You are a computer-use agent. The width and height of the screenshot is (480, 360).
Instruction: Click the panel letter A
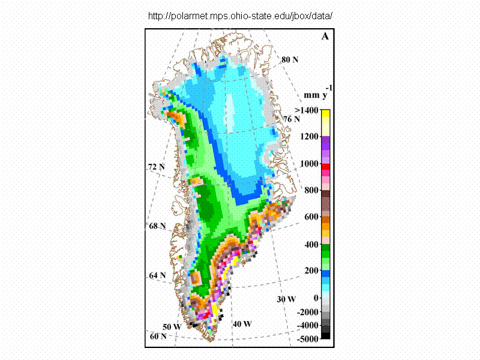coord(325,37)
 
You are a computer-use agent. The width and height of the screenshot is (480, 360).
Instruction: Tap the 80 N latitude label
coord(290,60)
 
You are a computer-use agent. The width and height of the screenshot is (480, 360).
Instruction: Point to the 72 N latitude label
coord(156,167)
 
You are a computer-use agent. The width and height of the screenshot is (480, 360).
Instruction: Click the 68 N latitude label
coord(157,226)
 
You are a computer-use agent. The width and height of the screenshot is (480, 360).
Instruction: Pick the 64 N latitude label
coord(157,275)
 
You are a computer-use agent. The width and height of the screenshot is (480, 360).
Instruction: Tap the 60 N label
coord(158,337)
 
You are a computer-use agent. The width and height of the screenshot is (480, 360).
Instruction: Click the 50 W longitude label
coord(172,327)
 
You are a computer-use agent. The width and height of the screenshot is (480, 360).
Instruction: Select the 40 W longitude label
coord(242,324)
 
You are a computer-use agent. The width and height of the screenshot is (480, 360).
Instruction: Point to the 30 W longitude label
coord(286,299)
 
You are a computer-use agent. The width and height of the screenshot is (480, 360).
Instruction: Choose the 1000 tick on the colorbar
coord(308,164)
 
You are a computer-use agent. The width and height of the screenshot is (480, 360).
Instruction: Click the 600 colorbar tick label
coord(310,218)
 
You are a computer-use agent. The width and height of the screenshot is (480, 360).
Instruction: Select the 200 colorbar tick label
coord(310,271)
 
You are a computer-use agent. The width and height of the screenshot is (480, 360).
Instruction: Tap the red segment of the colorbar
coord(325,166)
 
